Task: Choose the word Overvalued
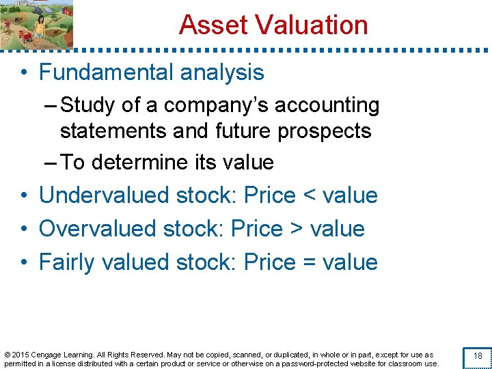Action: (x=98, y=228)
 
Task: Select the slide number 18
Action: (x=478, y=356)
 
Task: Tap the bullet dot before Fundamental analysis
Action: (x=24, y=73)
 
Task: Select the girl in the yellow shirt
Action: (x=40, y=25)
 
